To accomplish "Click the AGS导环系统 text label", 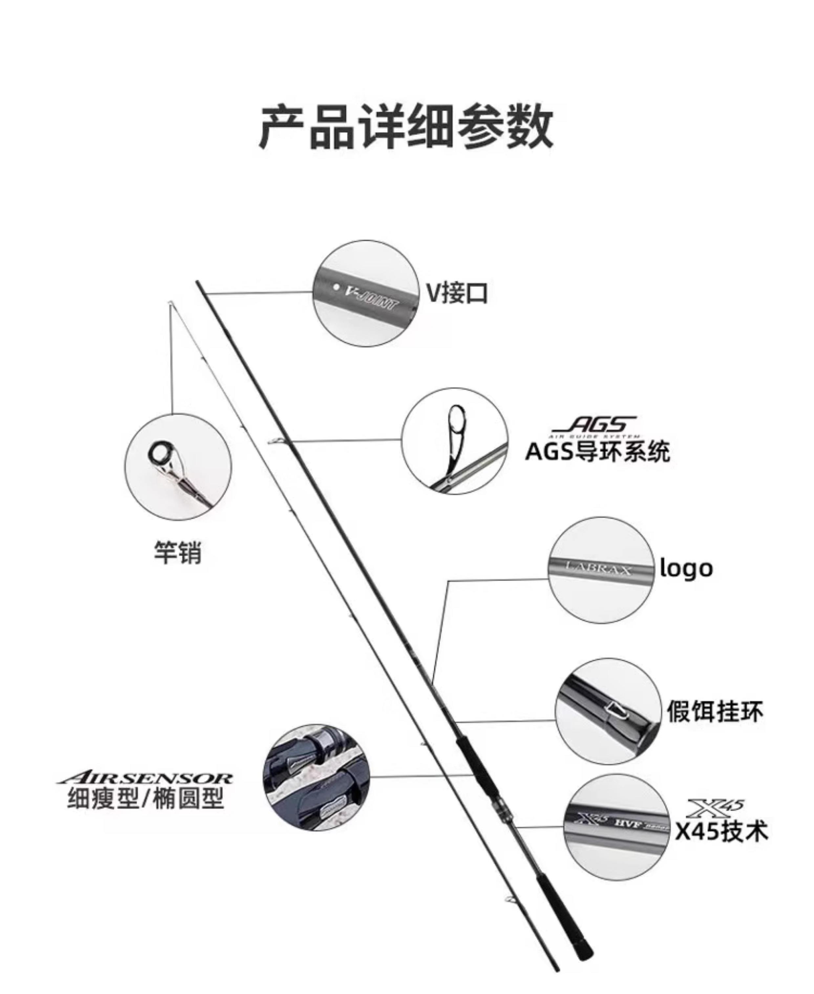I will [597, 451].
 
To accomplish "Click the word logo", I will [686, 569].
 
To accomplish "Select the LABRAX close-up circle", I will [601, 570].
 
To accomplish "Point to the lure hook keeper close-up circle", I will [608, 711].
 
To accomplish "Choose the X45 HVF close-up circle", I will [617, 828].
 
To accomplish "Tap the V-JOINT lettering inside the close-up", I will [371, 298].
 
